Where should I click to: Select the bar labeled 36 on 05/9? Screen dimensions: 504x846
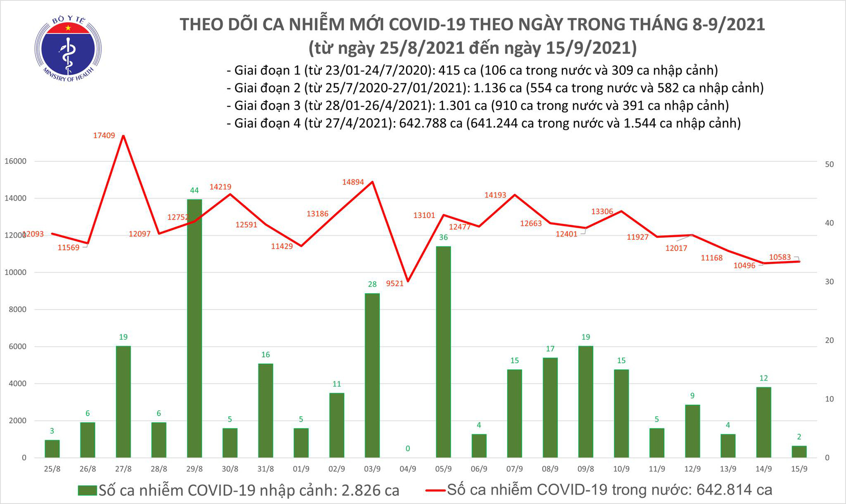pyautogui.click(x=443, y=351)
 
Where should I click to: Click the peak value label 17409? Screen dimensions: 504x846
pyautogui.click(x=104, y=135)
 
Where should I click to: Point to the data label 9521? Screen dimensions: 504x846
pyautogui.click(x=395, y=284)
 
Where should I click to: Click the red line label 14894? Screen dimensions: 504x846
pyautogui.click(x=353, y=182)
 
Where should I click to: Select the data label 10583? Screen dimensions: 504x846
pyautogui.click(x=780, y=257)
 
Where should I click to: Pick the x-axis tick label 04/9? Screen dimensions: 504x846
pyautogui.click(x=407, y=469)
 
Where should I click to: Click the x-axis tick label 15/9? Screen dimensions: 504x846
pyautogui.click(x=799, y=469)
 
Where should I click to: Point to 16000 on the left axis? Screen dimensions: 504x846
pyautogui.click(x=16, y=161)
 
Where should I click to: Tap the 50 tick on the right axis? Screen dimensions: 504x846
pyautogui.click(x=829, y=164)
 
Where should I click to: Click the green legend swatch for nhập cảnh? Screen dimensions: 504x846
pyautogui.click(x=88, y=490)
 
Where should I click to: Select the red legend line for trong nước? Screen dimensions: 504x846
pyautogui.click(x=435, y=490)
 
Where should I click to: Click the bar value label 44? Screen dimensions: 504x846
pyautogui.click(x=194, y=190)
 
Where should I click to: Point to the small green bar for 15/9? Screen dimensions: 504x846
pyautogui.click(x=799, y=452)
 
